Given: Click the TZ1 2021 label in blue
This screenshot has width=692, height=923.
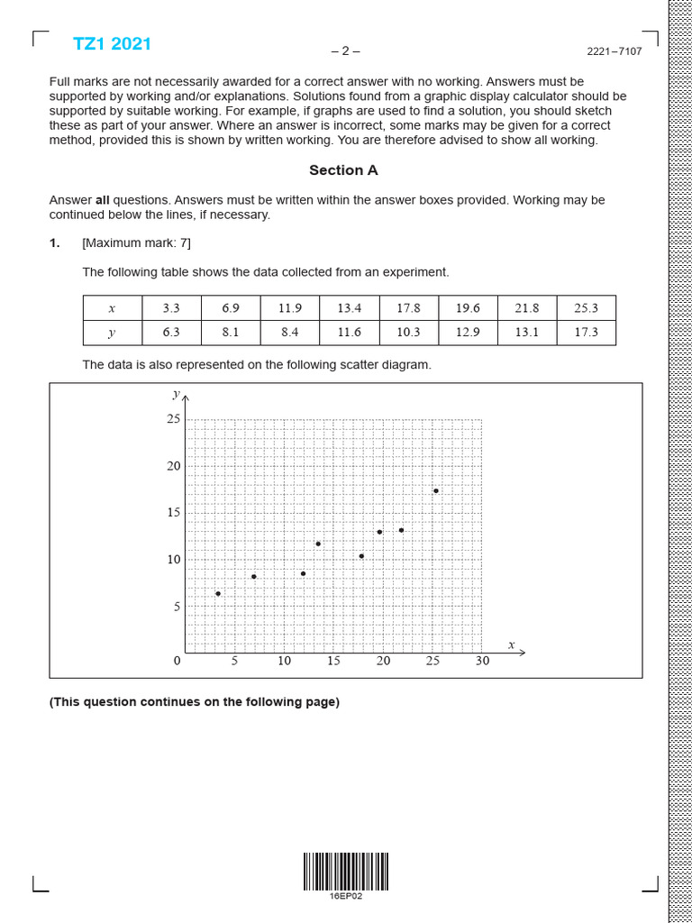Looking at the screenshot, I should click(x=112, y=44).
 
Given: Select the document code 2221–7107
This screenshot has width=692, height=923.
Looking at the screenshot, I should click(x=615, y=51).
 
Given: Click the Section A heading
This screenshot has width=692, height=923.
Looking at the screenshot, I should click(x=343, y=170).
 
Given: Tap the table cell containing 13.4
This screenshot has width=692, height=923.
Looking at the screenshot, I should click(x=350, y=308).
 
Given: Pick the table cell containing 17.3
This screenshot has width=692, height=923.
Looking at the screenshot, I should click(x=586, y=333).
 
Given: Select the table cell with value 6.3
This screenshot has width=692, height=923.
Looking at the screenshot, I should click(x=171, y=333).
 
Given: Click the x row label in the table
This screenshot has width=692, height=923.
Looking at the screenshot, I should click(x=112, y=308).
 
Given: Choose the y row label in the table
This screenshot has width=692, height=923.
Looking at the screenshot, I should click(x=112, y=333).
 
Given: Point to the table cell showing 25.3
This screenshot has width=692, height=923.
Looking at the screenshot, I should click(x=586, y=308).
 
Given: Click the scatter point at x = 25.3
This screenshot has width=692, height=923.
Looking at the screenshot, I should click(x=436, y=491).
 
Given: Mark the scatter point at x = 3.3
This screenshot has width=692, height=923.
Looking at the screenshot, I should click(x=218, y=594).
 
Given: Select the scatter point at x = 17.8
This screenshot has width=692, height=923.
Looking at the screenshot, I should click(x=361, y=556).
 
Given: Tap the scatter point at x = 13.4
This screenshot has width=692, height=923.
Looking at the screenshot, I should click(x=318, y=544).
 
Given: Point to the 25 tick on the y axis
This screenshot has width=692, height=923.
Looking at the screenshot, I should click(x=173, y=419).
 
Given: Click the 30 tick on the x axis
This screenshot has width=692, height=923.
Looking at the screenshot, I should click(x=482, y=662).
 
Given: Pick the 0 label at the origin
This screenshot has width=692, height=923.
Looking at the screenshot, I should click(x=177, y=662).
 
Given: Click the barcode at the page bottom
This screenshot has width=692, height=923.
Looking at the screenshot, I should click(x=345, y=872).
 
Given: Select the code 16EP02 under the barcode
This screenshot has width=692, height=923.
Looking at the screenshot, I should click(x=345, y=896).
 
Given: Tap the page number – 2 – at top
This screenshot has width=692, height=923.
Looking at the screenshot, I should click(x=345, y=51).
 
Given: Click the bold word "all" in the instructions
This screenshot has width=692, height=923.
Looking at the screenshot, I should click(x=104, y=200).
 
